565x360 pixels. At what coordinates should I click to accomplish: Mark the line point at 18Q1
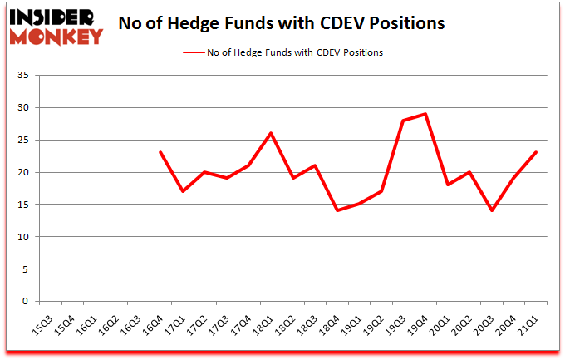pyautogui.click(x=271, y=133)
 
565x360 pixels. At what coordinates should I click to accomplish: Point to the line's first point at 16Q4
pyautogui.click(x=160, y=152)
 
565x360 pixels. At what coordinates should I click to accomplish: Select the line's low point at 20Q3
pyautogui.click(x=493, y=210)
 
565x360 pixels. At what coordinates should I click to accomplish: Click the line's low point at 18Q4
pyautogui.click(x=337, y=210)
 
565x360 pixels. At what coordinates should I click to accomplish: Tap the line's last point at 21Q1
pyautogui.click(x=537, y=152)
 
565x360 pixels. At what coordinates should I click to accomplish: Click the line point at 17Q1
pyautogui.click(x=183, y=191)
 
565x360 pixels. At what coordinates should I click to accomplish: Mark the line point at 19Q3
pyautogui.click(x=404, y=121)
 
